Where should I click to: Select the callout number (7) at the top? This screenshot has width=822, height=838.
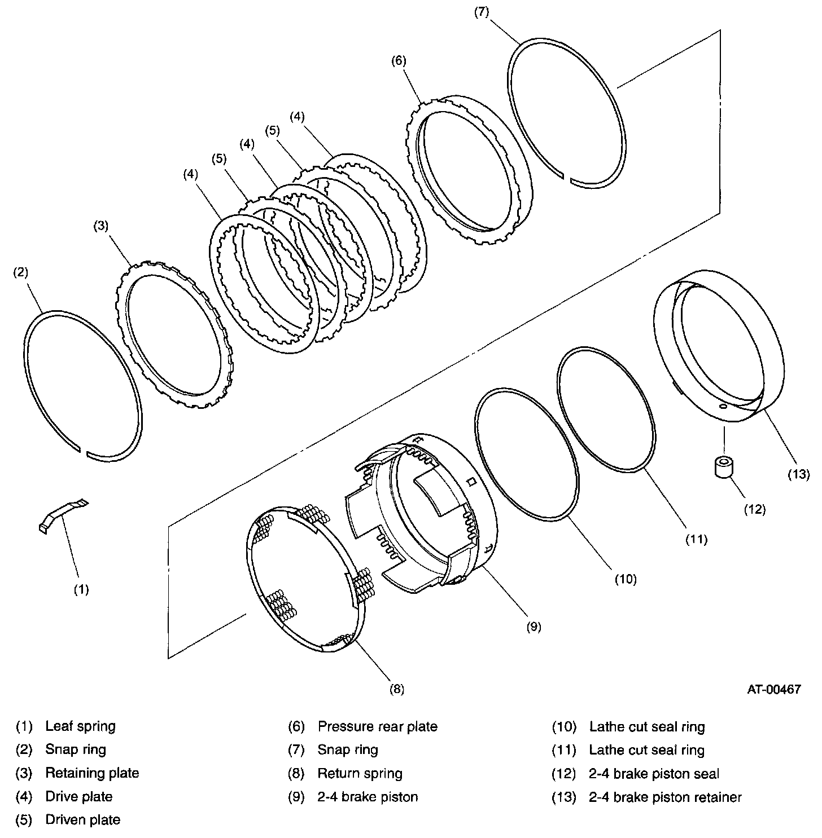click(x=481, y=13)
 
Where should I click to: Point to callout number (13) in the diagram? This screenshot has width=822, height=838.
click(x=798, y=474)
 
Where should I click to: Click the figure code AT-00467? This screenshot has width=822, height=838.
click(x=774, y=689)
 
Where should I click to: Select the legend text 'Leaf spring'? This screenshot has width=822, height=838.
click(x=80, y=726)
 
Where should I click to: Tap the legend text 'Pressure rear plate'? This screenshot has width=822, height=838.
click(x=377, y=726)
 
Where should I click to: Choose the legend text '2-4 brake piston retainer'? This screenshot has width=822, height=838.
click(x=665, y=797)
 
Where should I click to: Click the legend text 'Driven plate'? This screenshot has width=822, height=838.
click(x=82, y=819)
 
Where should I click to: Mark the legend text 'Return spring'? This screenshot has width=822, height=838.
click(x=360, y=773)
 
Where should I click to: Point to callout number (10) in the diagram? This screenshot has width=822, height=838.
click(x=625, y=579)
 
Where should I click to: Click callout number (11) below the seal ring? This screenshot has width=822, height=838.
click(x=696, y=539)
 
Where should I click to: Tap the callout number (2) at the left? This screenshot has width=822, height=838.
click(x=20, y=273)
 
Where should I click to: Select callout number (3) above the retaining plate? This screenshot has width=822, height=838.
click(x=100, y=226)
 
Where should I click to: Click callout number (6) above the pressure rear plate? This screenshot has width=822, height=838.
click(x=398, y=61)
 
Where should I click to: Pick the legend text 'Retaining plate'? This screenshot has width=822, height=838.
click(x=92, y=773)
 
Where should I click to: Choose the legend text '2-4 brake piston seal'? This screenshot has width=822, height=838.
click(x=654, y=774)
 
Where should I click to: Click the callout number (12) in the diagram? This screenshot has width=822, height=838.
click(x=754, y=509)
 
